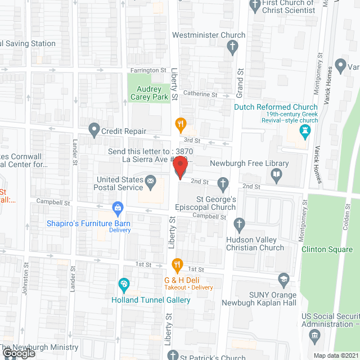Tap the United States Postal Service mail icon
(150, 181)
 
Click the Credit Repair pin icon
(94, 130)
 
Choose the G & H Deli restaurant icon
(177, 264)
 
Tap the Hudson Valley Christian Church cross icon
(240, 224)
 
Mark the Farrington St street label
(148, 71)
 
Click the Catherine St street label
(200, 94)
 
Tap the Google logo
(18, 354)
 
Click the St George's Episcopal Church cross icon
(223, 183)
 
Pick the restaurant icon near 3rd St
(180, 123)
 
